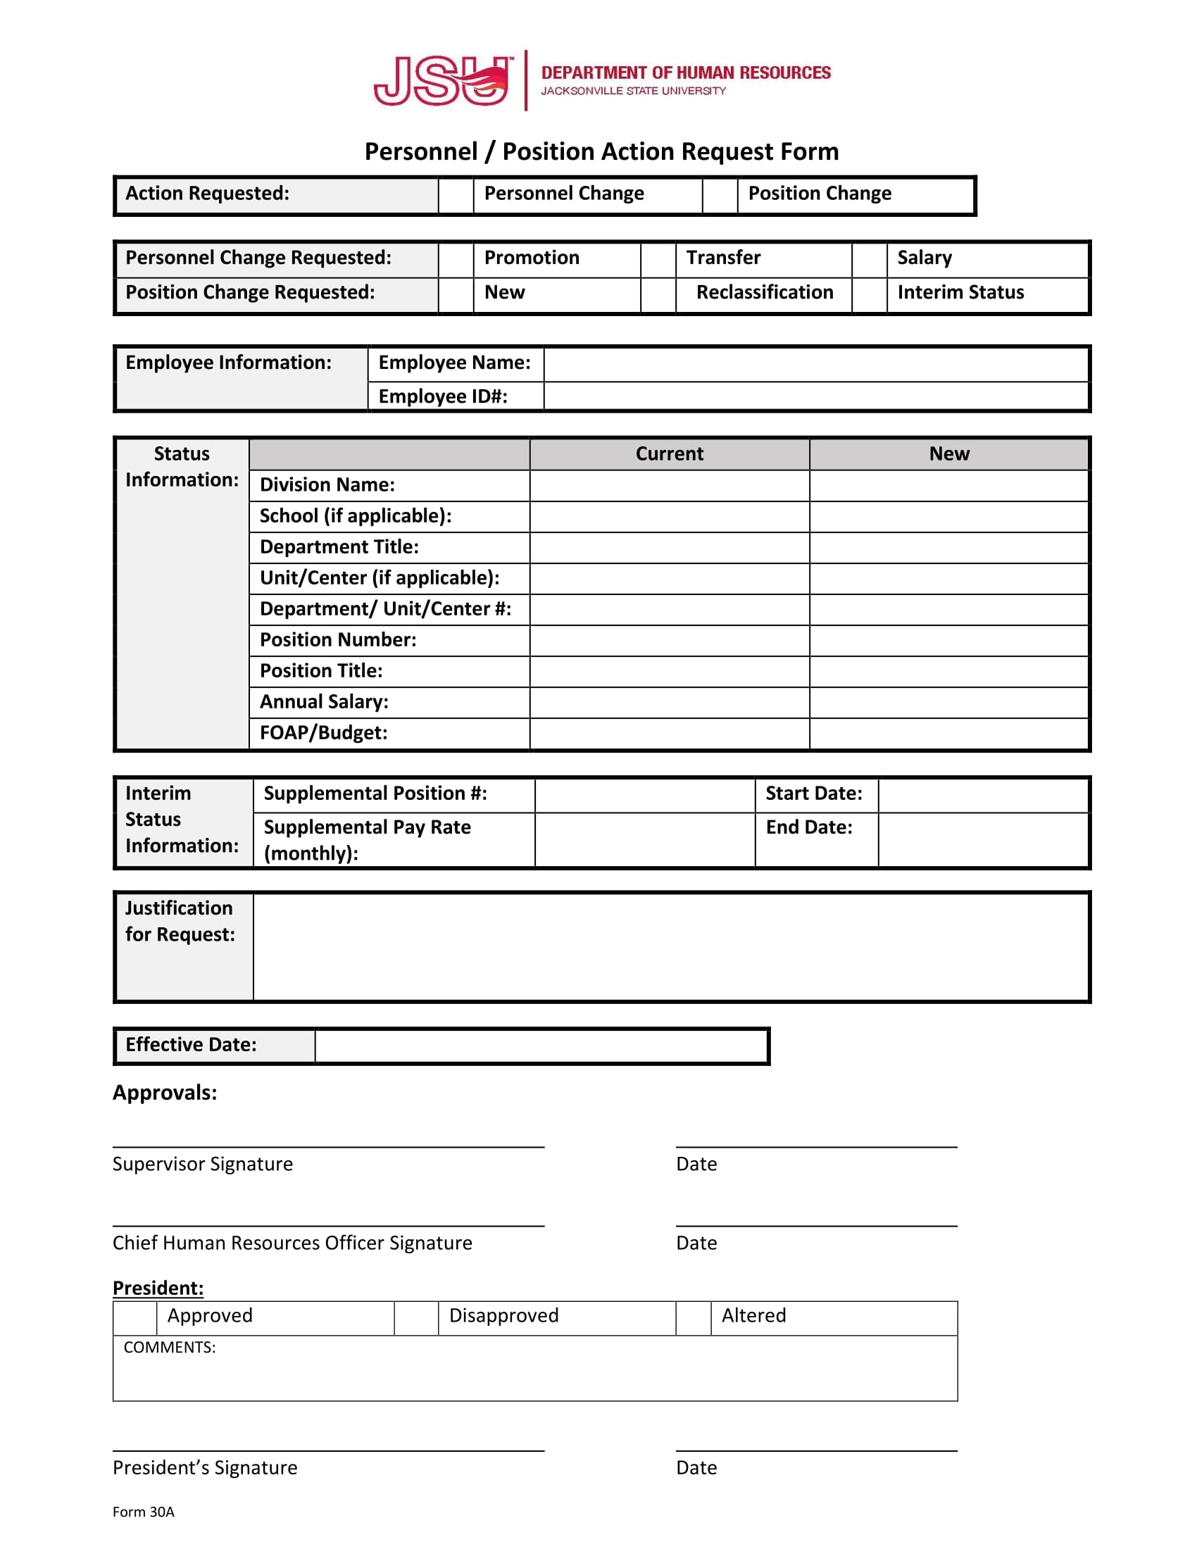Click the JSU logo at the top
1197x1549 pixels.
442,81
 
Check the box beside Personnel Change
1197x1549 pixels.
456,194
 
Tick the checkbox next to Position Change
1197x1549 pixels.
720,194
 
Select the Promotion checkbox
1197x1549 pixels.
456,259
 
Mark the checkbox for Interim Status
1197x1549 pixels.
870,294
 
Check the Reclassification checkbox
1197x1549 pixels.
658,294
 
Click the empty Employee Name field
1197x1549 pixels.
815,364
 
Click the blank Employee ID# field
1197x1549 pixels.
815,396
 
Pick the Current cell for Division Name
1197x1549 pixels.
669,486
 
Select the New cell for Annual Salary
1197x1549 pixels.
949,703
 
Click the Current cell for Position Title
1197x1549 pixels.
669,672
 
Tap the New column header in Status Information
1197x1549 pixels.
949,454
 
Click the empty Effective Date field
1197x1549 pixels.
541,1046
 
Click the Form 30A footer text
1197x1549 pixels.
143,1512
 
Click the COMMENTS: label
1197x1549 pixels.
170,1348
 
